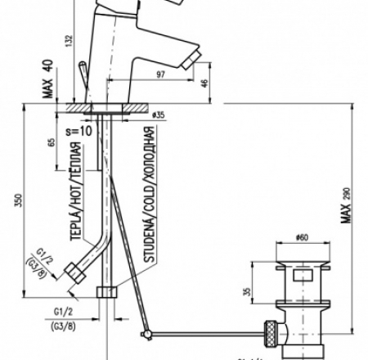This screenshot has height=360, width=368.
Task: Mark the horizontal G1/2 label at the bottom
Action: point(65,312)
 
